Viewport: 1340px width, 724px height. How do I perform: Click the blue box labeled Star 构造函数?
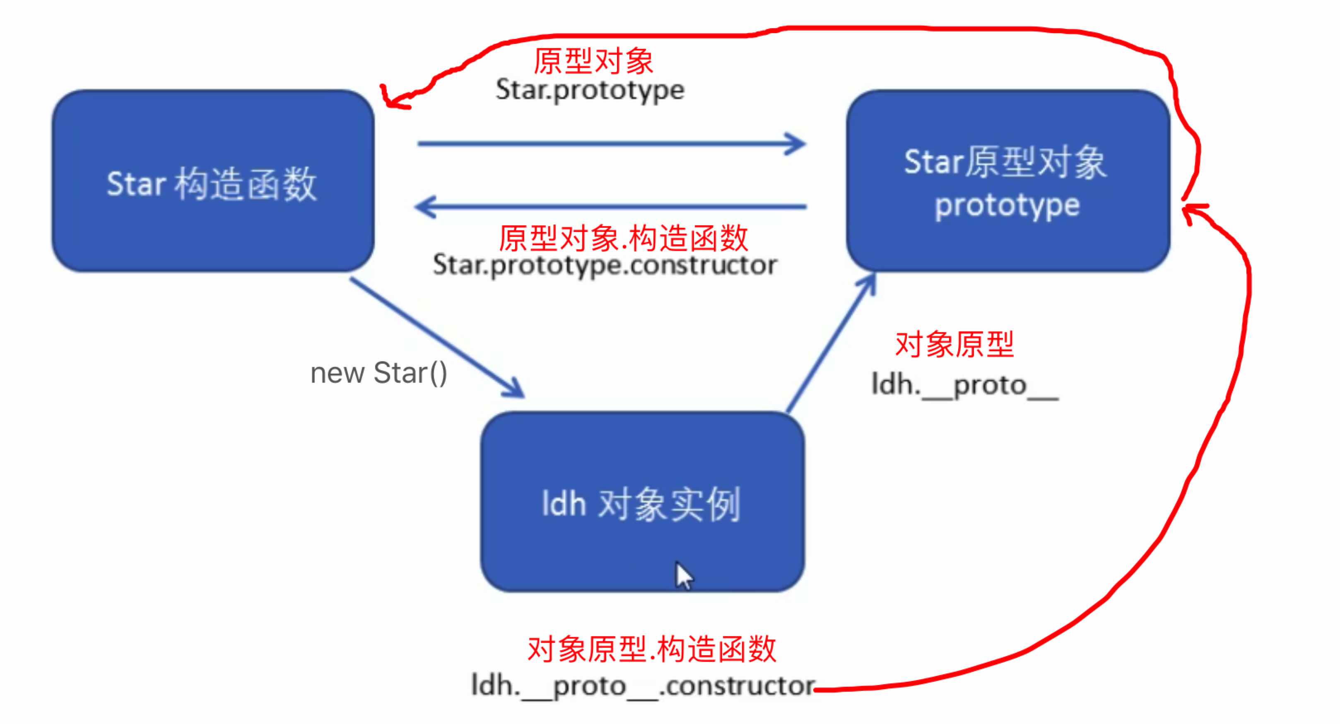(x=213, y=181)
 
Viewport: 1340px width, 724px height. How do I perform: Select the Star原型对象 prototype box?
(x=1008, y=181)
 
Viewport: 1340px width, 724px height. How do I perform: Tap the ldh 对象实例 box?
(x=642, y=502)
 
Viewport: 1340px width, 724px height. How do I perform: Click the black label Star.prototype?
(x=590, y=90)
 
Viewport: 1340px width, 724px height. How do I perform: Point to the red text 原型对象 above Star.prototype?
(x=593, y=61)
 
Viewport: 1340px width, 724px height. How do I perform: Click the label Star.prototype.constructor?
(x=605, y=265)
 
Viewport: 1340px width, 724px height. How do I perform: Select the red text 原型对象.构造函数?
(x=623, y=238)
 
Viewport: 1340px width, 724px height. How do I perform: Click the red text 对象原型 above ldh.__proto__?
(x=954, y=344)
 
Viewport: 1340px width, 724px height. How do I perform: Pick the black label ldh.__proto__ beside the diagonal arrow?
(x=965, y=385)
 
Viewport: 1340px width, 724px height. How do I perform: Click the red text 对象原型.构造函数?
(x=652, y=649)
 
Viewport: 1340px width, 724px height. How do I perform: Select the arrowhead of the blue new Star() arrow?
(x=514, y=388)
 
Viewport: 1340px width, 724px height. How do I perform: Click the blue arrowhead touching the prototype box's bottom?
(x=868, y=284)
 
